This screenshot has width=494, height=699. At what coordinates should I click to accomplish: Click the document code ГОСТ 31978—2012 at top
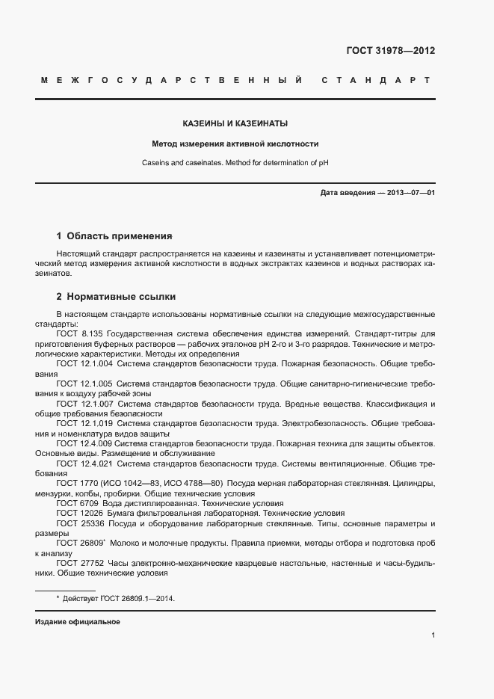[x=390, y=52]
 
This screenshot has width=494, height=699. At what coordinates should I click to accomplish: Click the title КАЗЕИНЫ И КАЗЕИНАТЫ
[x=235, y=123]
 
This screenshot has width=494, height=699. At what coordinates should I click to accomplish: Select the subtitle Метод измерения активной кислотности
[x=235, y=143]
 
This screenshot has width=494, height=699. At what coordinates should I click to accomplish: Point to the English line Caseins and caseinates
[x=235, y=162]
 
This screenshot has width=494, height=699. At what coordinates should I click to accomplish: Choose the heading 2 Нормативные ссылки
[x=116, y=296]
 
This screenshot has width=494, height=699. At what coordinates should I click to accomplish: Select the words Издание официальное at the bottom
[x=78, y=622]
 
